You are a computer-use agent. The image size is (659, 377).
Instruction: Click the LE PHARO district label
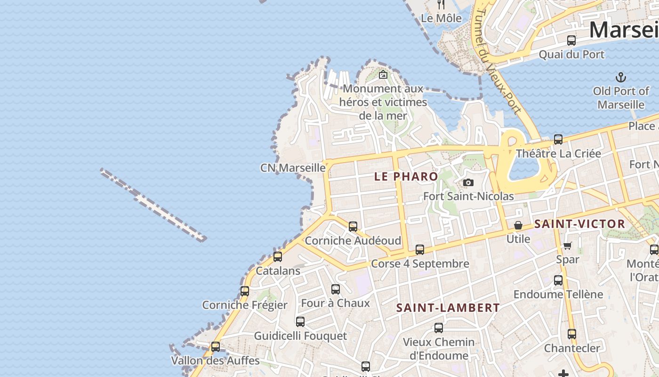[406, 177]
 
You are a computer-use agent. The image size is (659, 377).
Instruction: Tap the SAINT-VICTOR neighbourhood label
[580, 224]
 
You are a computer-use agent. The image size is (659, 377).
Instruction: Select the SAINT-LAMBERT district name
[448, 308]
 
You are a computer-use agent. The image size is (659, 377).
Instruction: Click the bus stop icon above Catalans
[278, 257]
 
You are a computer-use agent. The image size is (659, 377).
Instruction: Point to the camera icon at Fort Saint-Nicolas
[468, 183]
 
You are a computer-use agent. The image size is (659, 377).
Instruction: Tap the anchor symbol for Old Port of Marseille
[621, 77]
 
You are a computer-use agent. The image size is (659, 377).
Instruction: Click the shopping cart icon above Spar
[568, 246]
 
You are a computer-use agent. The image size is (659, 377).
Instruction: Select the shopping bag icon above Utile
[518, 225]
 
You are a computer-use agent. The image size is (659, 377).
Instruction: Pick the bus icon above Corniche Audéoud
[353, 226]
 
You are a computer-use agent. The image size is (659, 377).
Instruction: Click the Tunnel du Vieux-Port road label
[497, 61]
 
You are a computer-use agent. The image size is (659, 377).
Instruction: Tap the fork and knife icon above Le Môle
[441, 5]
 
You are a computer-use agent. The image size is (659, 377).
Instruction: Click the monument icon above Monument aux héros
[383, 74]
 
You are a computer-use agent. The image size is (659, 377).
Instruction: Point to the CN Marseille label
[293, 168]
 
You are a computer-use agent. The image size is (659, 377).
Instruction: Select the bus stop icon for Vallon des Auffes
[216, 347]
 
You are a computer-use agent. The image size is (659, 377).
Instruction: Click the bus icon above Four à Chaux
[336, 289]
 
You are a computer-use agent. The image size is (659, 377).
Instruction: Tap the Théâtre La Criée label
[558, 154]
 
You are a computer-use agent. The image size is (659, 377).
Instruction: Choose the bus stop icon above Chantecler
[572, 334]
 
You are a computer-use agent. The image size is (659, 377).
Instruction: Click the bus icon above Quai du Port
[571, 41]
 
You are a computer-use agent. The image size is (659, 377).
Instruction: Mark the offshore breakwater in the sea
[153, 205]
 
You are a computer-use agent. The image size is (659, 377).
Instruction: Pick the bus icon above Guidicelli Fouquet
[300, 322]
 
